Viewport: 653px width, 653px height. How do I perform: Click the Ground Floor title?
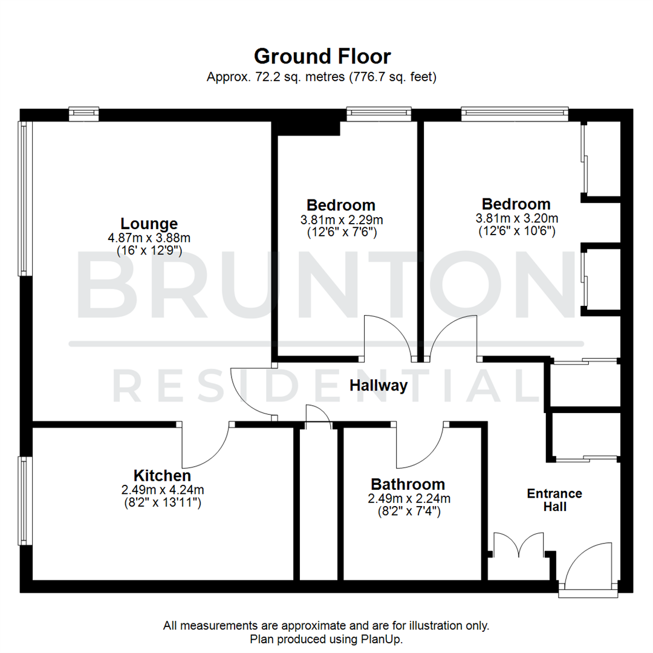322,56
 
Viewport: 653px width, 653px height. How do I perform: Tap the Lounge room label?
149,223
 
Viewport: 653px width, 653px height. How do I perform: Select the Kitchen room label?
162,475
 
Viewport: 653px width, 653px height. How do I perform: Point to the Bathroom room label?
408,484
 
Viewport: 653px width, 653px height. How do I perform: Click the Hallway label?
378,386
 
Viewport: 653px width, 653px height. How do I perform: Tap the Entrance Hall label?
554,500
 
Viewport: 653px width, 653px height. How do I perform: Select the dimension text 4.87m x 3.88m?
149,238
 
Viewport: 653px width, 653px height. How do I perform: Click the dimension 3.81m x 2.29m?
341,219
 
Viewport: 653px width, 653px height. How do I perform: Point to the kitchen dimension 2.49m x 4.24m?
162,490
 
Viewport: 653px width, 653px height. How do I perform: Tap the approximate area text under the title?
322,77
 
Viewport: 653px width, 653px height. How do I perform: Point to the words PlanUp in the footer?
384,638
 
